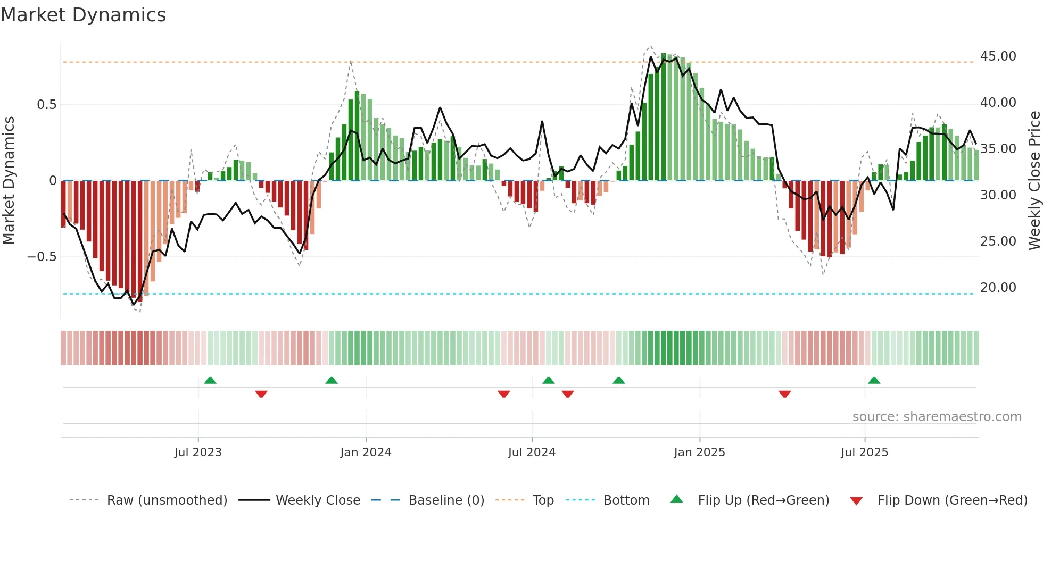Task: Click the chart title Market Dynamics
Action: pos(84,15)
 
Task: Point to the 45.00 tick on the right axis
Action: pos(998,56)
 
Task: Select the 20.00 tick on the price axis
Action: pos(998,288)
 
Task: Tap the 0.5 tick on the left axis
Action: pos(47,105)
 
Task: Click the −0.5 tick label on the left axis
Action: pos(42,257)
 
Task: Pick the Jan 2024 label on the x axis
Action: pos(366,453)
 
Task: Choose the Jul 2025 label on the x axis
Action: pos(864,453)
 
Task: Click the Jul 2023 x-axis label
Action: pos(198,453)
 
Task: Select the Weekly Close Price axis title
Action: pos(1034,181)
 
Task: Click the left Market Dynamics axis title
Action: pos(9,181)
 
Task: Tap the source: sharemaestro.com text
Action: pos(937,417)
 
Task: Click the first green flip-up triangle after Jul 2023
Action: pos(210,381)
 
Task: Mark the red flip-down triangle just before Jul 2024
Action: pos(504,394)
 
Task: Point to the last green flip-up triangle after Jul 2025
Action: pos(874,381)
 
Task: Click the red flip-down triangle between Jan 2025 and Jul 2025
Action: pos(784,394)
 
